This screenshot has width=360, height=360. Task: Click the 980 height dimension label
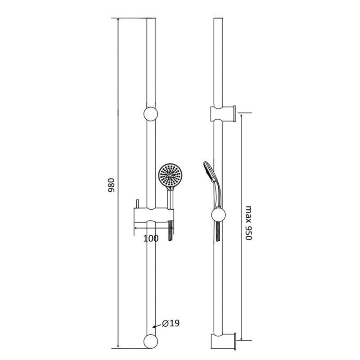click(x=111, y=185)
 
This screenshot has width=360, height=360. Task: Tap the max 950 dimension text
click(x=249, y=223)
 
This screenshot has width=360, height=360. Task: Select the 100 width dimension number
click(x=151, y=238)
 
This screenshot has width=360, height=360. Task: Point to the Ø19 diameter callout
click(x=171, y=324)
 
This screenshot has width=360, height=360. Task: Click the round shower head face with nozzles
click(x=170, y=175)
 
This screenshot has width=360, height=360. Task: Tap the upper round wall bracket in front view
click(x=151, y=114)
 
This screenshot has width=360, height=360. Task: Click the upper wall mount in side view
click(x=223, y=114)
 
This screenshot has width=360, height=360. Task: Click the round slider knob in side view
click(x=218, y=215)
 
